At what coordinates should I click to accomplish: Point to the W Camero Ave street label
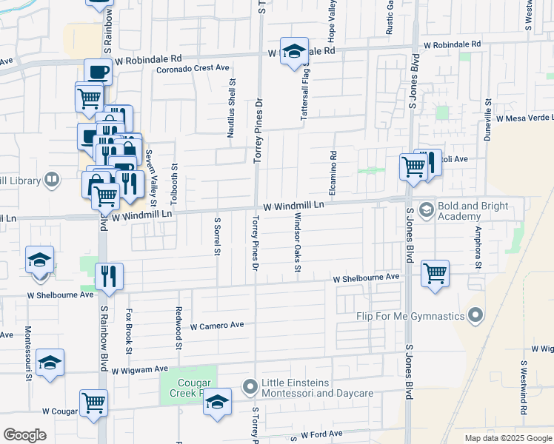[217, 326]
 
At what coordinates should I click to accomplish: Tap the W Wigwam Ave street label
[141, 369]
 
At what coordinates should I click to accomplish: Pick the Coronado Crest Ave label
[193, 68]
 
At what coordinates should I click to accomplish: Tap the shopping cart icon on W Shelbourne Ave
[435, 273]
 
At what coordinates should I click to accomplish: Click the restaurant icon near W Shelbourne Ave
[109, 276]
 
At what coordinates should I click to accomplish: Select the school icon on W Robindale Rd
[294, 52]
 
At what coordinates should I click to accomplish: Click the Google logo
[24, 435]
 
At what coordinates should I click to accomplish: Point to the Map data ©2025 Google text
[508, 438]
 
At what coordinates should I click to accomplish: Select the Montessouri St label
[28, 351]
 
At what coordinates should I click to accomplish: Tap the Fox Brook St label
[129, 331]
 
